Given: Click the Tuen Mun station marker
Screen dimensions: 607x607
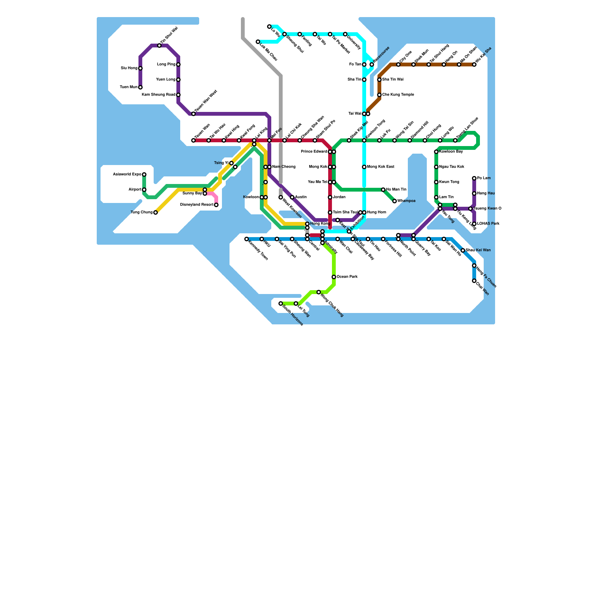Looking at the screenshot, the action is tap(140, 87).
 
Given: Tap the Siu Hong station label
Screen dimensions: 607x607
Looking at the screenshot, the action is tap(129, 68).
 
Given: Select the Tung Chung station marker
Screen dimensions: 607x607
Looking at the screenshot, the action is tap(156, 212).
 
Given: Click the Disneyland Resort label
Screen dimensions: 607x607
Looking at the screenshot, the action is tap(197, 205).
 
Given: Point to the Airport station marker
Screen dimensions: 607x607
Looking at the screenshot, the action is tap(144, 190).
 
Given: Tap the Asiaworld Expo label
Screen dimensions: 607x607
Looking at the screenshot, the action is tap(127, 175).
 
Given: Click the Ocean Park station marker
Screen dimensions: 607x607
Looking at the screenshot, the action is tap(334, 277).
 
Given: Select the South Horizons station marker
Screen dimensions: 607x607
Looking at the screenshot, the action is tap(281, 303).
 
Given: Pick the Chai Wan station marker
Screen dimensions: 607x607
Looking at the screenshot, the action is tap(474, 281).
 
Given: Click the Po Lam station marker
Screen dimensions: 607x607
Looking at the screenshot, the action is tap(474, 178).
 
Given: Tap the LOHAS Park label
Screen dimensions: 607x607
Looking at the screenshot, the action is tap(488, 224).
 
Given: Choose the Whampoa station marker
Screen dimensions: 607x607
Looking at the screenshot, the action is tap(395, 201).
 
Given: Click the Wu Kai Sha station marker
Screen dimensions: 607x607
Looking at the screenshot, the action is tap(474, 64).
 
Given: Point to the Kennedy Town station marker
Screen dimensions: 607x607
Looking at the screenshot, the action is tap(247, 239).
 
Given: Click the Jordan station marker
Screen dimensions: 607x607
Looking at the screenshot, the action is tap(330, 197).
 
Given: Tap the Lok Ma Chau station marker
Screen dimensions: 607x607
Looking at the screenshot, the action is tap(258, 42).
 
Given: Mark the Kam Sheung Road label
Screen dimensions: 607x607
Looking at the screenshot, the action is tap(159, 95).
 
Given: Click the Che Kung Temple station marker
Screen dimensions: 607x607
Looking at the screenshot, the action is tap(379, 95).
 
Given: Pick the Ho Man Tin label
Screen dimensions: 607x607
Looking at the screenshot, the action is tap(396, 190).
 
